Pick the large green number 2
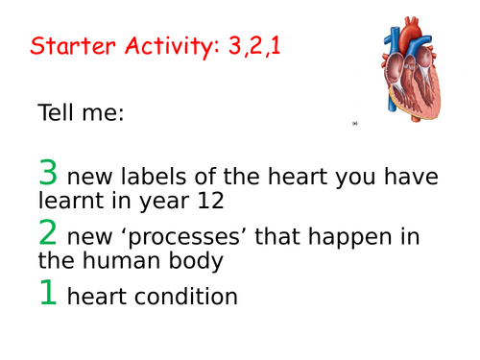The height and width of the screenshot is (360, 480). [48, 234]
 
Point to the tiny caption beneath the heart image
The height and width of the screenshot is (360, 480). [354, 124]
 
